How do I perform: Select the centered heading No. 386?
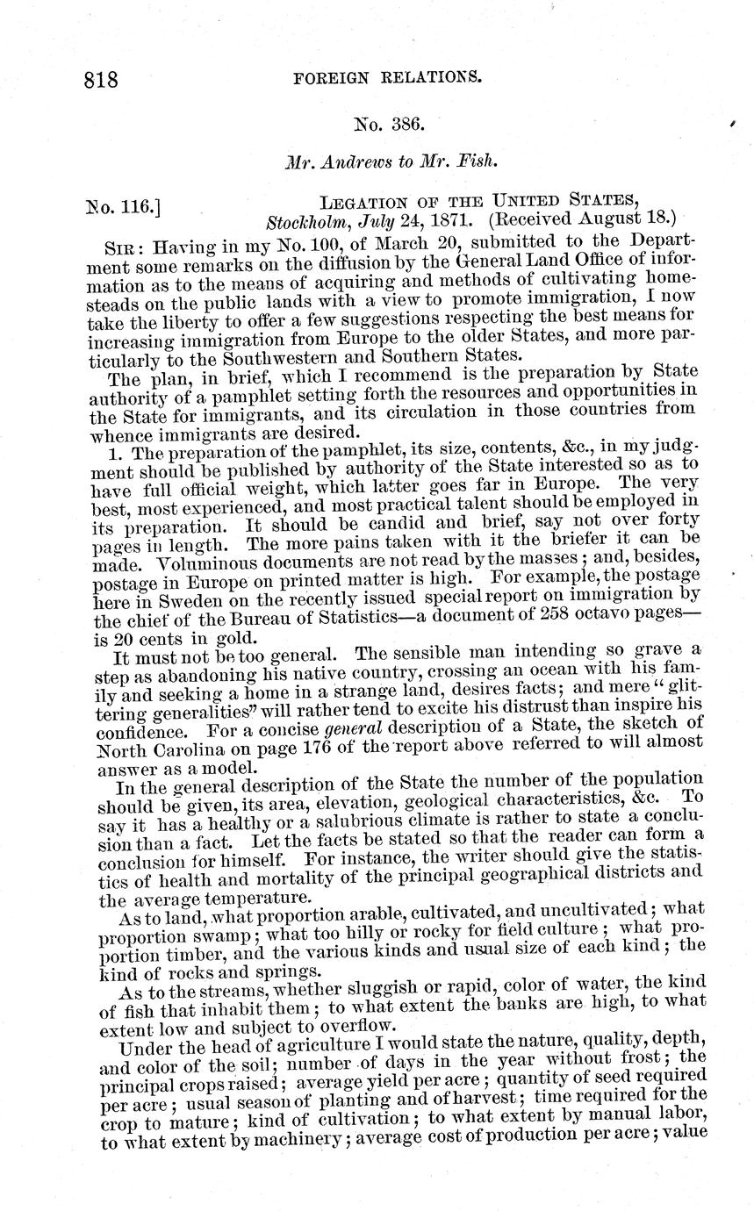[x=388, y=124]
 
